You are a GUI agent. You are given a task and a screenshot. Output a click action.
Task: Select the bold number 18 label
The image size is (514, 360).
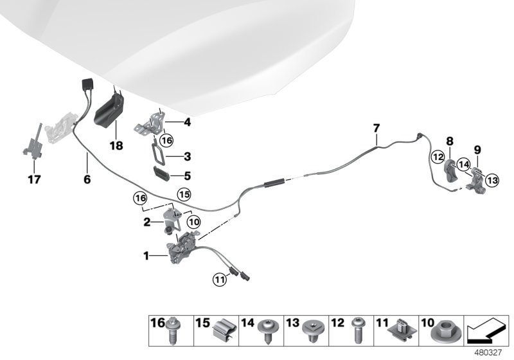[116, 146]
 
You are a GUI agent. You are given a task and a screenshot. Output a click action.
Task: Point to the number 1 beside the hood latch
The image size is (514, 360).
[146, 256]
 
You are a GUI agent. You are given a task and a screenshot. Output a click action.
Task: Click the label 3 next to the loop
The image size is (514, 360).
[187, 156]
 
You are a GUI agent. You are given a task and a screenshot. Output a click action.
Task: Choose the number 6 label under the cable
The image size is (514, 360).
[87, 179]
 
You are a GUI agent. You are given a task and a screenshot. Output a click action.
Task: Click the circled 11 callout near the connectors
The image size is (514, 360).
[220, 278]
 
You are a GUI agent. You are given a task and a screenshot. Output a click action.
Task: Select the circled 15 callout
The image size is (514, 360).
[184, 193]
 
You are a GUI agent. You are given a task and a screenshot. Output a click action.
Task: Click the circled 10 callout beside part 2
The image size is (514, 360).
[193, 221]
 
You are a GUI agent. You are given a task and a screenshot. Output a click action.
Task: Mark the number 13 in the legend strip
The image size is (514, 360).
[290, 321]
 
